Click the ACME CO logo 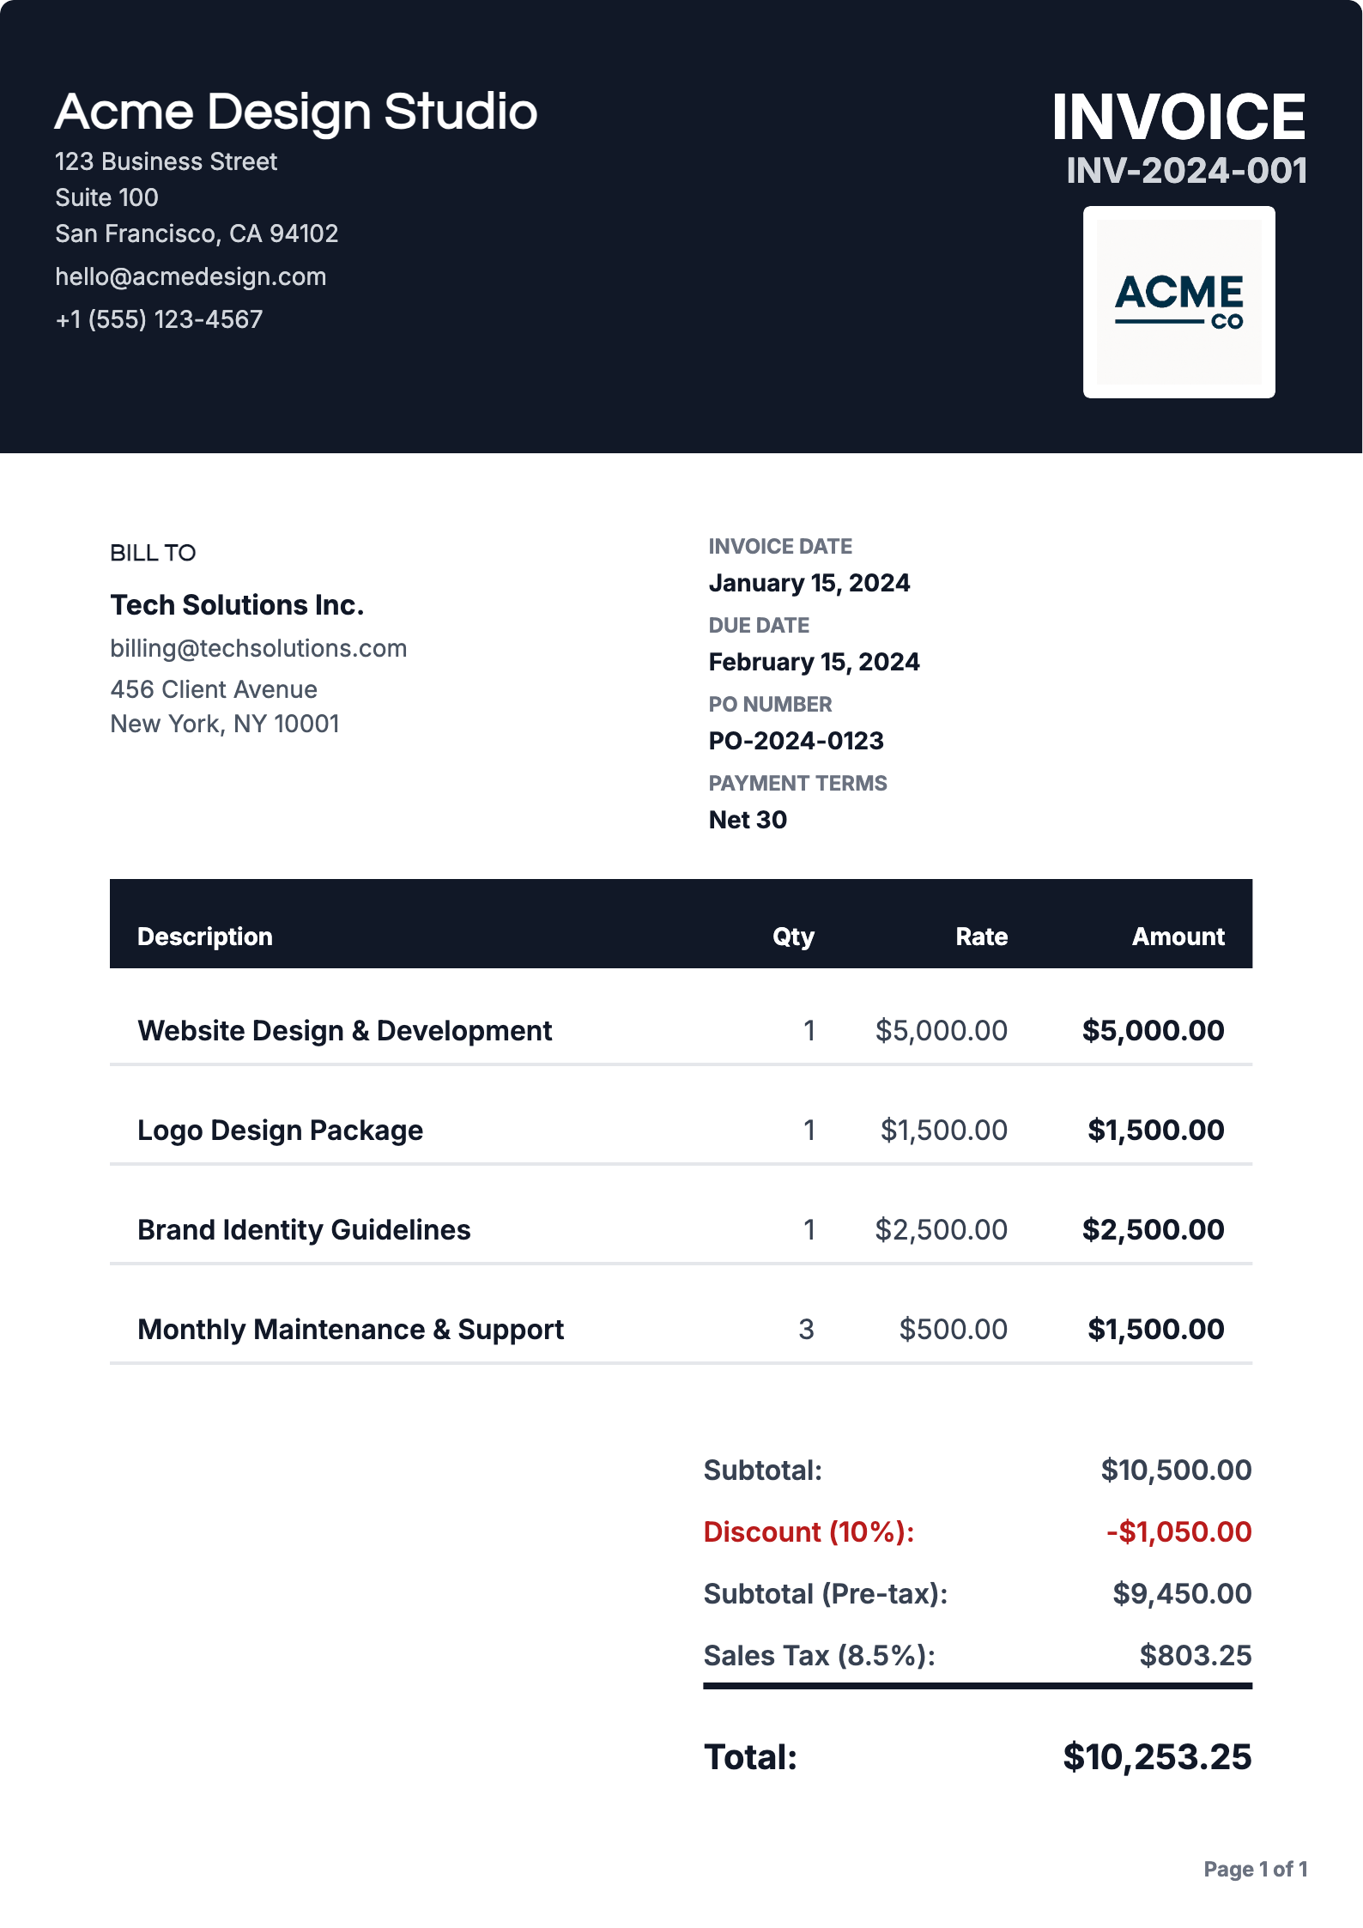click(x=1178, y=302)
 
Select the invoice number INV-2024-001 click(x=1186, y=171)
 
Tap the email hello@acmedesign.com click(x=191, y=276)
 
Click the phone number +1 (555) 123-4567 click(x=159, y=319)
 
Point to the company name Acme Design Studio click(x=296, y=112)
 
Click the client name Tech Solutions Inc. click(x=237, y=605)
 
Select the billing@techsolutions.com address click(x=258, y=648)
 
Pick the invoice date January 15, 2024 click(x=809, y=583)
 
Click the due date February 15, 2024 click(x=814, y=662)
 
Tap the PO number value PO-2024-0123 click(x=796, y=741)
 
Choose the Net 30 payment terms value click(x=748, y=820)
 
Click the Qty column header click(x=793, y=937)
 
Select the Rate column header click(x=981, y=937)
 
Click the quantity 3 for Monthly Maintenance click(x=806, y=1330)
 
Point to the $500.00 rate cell click(x=953, y=1330)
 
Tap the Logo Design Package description click(x=280, y=1131)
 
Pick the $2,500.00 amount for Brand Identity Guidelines click(x=1153, y=1230)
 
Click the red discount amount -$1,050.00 click(x=1178, y=1532)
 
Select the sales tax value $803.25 click(x=1195, y=1656)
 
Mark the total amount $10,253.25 click(x=1157, y=1757)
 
